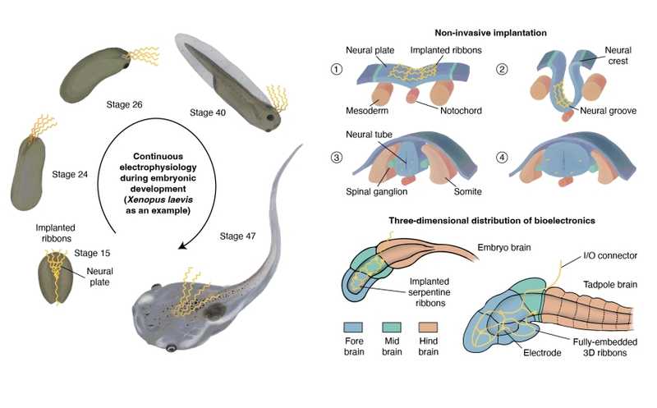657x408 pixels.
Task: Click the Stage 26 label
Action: point(125,105)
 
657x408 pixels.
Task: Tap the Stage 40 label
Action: point(208,112)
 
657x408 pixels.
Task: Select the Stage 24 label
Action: point(70,174)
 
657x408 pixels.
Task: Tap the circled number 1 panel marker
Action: point(336,70)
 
